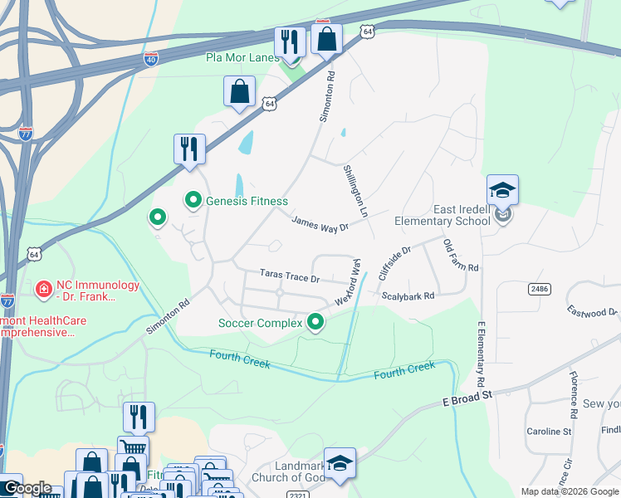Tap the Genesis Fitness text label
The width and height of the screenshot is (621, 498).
click(247, 201)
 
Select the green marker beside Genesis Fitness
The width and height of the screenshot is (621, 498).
click(193, 200)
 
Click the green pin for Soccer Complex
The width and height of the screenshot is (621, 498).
click(315, 321)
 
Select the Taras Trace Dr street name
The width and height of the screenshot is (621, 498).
click(290, 276)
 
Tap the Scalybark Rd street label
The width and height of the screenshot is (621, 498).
click(408, 295)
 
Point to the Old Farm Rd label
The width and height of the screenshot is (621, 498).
click(461, 256)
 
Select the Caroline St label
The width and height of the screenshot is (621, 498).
click(549, 432)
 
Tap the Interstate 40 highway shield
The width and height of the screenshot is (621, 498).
click(150, 59)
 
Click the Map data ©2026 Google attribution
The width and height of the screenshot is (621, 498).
click(570, 491)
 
